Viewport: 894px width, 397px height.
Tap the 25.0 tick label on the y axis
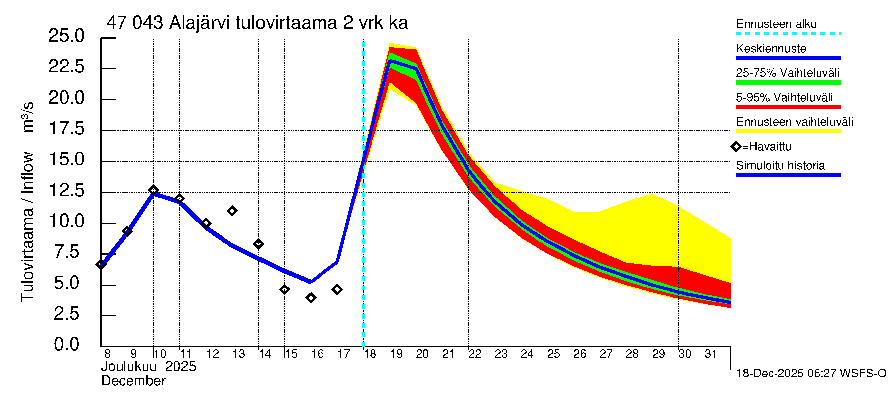tap(66, 36)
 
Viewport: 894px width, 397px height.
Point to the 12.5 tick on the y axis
tap(66, 190)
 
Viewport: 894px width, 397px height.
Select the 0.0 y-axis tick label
tap(66, 345)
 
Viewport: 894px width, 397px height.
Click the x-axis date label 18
tap(370, 354)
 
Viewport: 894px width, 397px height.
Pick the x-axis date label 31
tap(711, 354)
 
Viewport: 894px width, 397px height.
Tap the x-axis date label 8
tap(107, 354)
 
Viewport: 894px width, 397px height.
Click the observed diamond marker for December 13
tap(232, 211)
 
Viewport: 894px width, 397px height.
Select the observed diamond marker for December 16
tap(311, 298)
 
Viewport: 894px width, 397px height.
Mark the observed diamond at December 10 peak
tap(153, 190)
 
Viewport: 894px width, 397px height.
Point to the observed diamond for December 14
tap(258, 244)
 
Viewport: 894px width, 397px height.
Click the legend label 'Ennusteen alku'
tap(776, 24)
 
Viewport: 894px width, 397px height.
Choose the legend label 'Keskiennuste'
tap(771, 49)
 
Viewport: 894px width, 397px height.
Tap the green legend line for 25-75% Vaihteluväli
tap(788, 82)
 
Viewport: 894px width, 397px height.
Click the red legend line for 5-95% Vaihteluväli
tap(788, 107)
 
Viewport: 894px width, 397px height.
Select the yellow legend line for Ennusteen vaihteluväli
tap(788, 131)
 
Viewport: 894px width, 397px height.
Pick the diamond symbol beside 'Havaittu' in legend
tap(736, 147)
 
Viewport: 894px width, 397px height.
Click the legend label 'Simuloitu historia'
tap(780, 166)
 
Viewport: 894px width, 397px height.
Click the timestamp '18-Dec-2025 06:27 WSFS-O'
tap(811, 374)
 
